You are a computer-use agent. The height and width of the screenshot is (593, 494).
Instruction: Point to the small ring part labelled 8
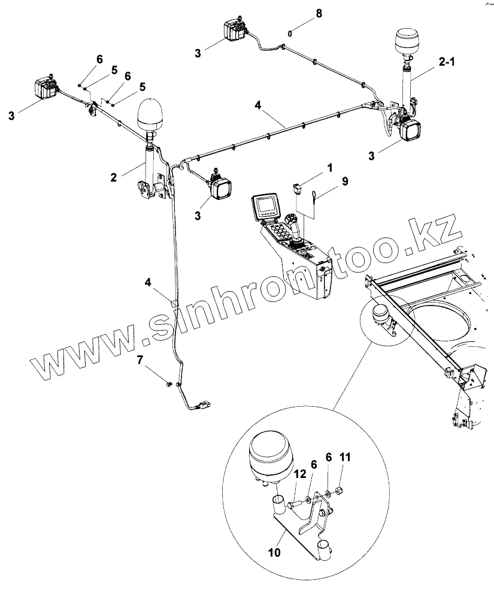290,34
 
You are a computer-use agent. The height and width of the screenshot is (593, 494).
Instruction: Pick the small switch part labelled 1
297,189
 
